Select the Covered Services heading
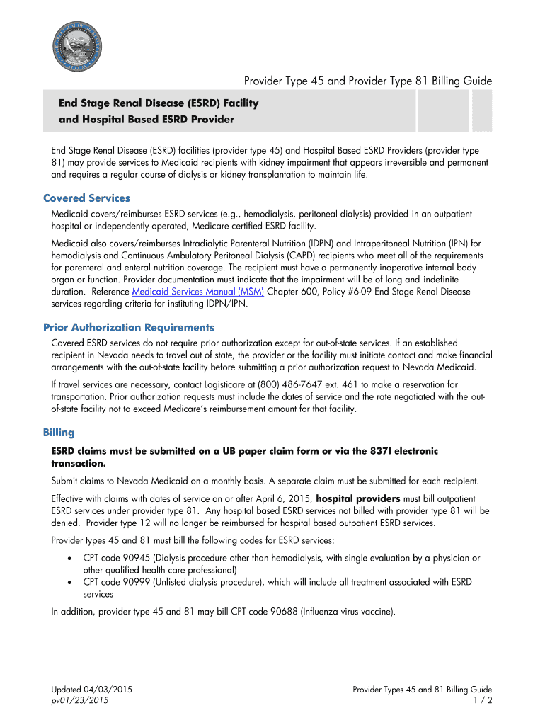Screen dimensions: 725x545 (86, 198)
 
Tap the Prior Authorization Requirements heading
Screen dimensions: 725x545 (128, 327)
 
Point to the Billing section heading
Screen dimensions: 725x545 (59, 432)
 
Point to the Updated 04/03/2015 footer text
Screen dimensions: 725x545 (92, 690)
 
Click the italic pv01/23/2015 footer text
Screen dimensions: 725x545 (80, 701)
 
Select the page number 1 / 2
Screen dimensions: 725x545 (483, 701)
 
